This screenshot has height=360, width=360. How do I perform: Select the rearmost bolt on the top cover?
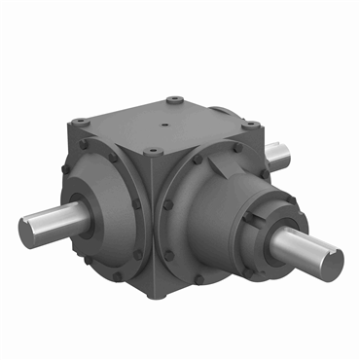coord(172,99)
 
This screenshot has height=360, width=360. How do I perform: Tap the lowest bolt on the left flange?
coord(118,275)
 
